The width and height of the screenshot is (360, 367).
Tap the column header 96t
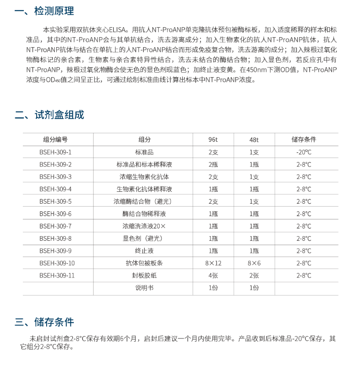click(213, 139)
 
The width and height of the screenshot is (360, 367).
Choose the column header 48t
click(254, 139)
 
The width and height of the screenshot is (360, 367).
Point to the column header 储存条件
click(303, 139)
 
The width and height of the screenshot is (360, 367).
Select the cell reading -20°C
click(303, 152)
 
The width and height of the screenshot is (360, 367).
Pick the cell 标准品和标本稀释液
click(144, 165)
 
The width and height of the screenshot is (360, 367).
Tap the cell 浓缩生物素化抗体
click(144, 177)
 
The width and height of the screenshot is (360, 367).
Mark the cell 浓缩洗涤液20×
click(144, 226)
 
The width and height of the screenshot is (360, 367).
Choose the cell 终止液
click(144, 251)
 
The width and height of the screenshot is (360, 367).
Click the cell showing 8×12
click(213, 263)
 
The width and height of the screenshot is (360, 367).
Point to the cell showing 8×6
click(254, 263)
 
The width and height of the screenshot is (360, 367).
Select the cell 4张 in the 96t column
click(213, 276)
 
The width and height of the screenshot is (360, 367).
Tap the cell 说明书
click(144, 288)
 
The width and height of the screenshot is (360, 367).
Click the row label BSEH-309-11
click(57, 276)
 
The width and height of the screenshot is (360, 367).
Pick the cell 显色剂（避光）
click(144, 238)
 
